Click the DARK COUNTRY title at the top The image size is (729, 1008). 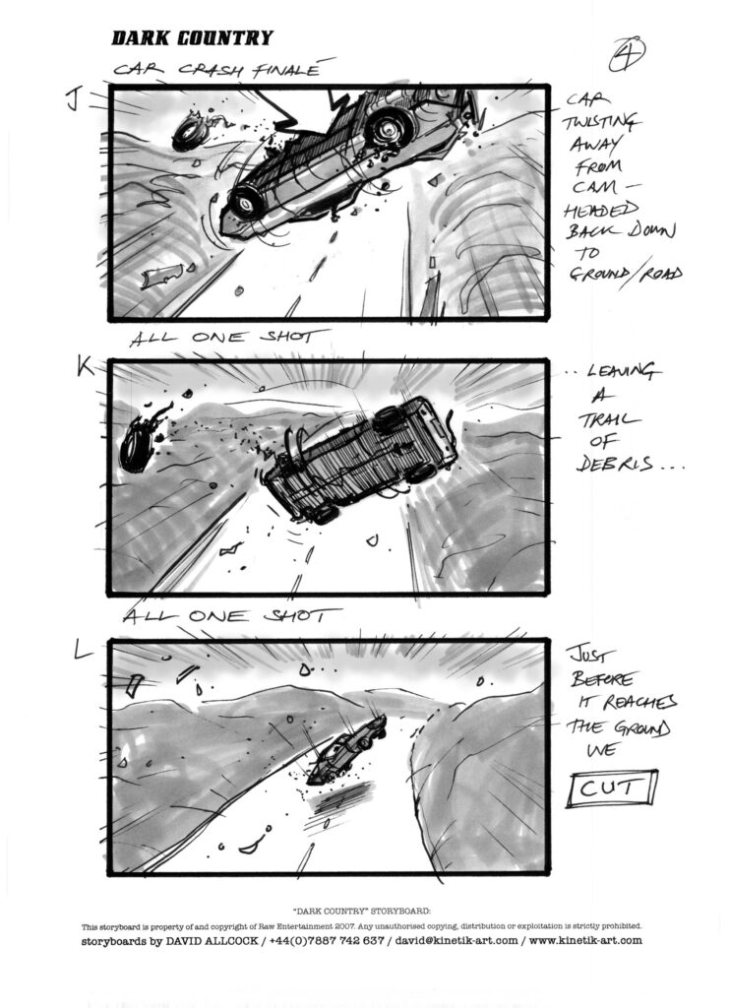192,38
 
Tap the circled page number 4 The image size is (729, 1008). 627,54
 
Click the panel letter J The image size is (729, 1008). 74,100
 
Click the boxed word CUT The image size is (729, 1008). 612,788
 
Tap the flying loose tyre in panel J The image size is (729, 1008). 191,132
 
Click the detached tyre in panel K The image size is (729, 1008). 138,444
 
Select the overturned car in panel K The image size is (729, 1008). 361,458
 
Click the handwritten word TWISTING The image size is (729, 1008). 601,122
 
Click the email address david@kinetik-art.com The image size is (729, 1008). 456,940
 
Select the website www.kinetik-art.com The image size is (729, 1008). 585,940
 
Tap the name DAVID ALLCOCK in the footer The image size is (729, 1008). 212,940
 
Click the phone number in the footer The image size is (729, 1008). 327,940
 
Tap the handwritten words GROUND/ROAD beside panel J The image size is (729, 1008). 626,274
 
